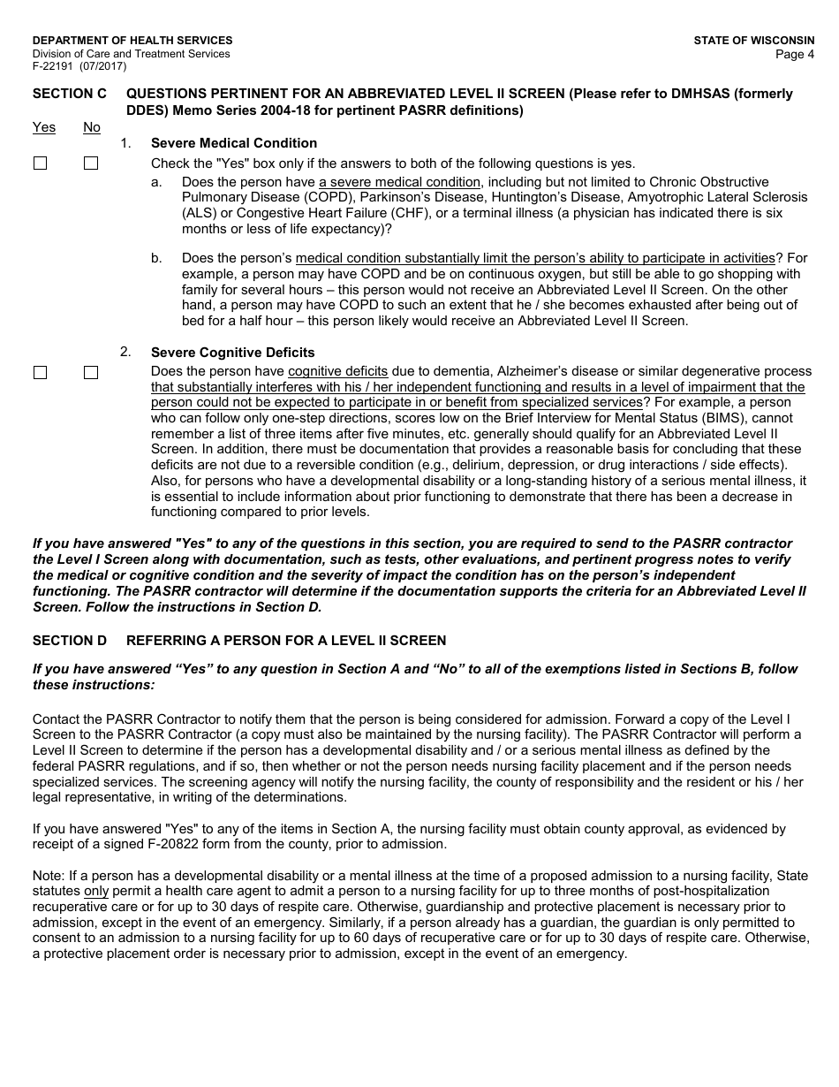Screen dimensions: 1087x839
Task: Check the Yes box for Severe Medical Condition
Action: click(x=40, y=163)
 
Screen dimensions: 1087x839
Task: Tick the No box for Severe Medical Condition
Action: click(x=91, y=163)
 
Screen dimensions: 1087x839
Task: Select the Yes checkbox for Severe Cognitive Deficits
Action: click(x=40, y=373)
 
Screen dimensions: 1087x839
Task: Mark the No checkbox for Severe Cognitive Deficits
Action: click(x=91, y=373)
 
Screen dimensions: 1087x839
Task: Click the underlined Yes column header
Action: click(x=44, y=127)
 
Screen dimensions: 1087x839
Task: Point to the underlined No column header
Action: click(x=92, y=127)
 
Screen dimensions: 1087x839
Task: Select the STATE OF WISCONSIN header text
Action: click(x=754, y=41)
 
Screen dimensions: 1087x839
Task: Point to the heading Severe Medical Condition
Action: click(x=234, y=143)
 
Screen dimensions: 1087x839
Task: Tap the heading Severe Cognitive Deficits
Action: click(x=233, y=353)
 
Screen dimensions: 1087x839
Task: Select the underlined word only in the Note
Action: click(x=96, y=892)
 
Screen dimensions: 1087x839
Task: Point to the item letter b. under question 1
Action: click(x=156, y=258)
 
